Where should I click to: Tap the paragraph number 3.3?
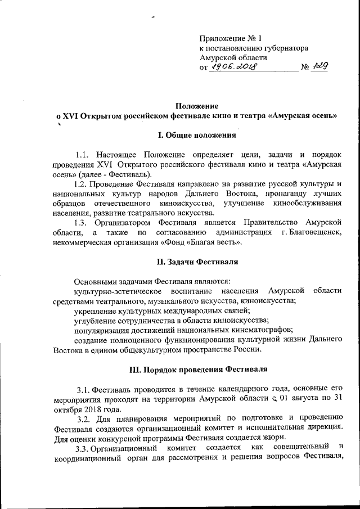pos(84,447)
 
